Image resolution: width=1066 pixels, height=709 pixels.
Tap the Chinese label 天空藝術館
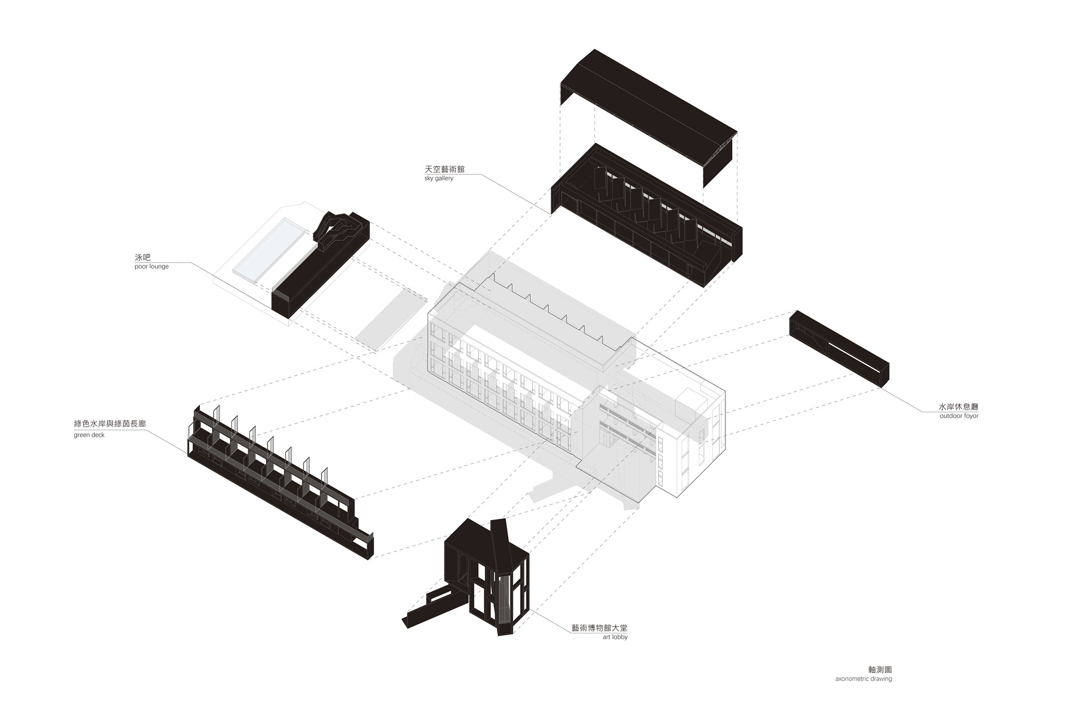click(x=445, y=169)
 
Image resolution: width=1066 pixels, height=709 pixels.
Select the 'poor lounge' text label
click(x=151, y=266)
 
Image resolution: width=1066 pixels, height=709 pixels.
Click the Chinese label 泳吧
click(x=143, y=257)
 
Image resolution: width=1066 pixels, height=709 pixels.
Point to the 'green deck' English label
click(x=89, y=435)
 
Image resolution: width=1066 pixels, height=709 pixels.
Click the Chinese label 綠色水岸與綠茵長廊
click(x=110, y=424)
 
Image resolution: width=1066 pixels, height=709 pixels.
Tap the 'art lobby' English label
click(x=615, y=637)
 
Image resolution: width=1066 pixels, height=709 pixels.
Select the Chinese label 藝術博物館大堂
click(x=600, y=628)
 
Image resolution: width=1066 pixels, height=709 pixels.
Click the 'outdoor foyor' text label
click(x=959, y=416)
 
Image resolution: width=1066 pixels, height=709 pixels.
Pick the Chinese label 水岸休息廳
click(x=958, y=406)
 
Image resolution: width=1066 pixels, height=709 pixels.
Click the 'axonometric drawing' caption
click(x=863, y=679)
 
